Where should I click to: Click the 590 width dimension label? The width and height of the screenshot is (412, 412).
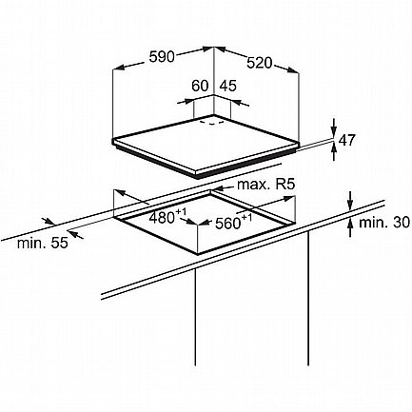click(x=162, y=57)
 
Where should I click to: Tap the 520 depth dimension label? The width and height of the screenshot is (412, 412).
click(x=260, y=63)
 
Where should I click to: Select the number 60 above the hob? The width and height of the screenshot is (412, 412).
click(x=200, y=86)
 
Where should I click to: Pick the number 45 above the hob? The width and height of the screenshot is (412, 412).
click(x=228, y=86)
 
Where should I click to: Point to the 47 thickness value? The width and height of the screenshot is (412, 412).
click(x=347, y=141)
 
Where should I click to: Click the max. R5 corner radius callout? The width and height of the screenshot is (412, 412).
click(x=266, y=184)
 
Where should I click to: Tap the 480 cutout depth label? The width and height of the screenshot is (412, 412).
click(x=162, y=218)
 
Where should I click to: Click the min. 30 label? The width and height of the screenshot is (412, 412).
click(x=384, y=223)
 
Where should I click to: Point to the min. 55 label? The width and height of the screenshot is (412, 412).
click(x=43, y=244)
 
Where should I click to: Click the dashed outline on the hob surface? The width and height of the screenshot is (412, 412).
click(x=211, y=123)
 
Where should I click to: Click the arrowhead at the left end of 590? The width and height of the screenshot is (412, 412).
click(x=119, y=67)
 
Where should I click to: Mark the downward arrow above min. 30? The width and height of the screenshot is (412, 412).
click(x=350, y=201)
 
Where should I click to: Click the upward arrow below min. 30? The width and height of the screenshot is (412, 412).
click(x=350, y=227)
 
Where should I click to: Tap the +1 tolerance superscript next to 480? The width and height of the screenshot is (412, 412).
click(x=181, y=212)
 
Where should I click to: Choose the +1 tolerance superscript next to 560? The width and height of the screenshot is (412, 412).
click(x=246, y=218)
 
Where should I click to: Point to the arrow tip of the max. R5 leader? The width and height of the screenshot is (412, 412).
click(x=213, y=190)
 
